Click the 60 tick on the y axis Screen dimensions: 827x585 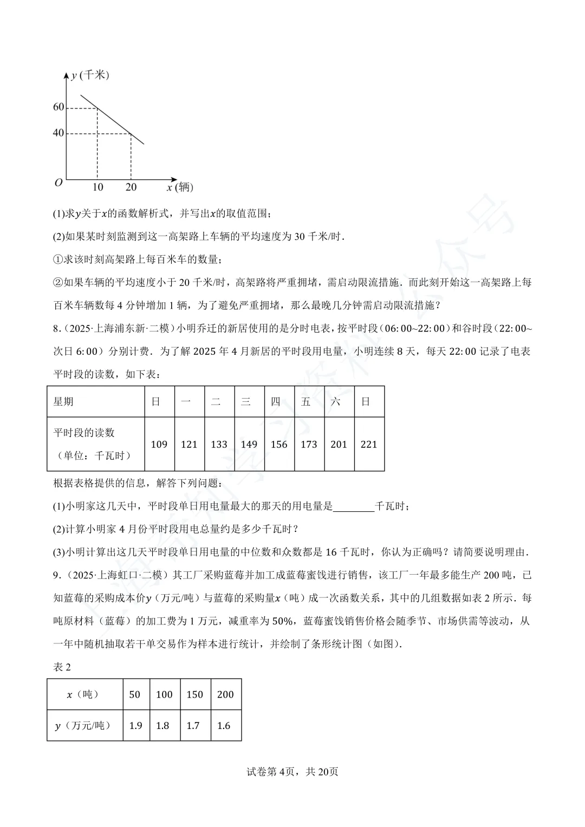[x=58, y=107]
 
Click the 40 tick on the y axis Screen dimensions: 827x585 [x=58, y=133]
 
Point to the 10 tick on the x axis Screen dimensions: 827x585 [x=97, y=187]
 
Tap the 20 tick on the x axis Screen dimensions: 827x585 [x=131, y=187]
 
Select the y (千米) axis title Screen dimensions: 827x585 [x=90, y=75]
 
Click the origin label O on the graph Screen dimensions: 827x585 [x=58, y=183]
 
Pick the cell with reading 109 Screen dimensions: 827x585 [x=159, y=444]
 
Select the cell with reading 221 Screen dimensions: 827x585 [x=369, y=444]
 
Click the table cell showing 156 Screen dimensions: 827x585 [x=279, y=444]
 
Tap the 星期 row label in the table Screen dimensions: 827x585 [x=63, y=401]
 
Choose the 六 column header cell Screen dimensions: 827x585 [x=339, y=401]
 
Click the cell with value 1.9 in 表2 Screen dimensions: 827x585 [x=135, y=725]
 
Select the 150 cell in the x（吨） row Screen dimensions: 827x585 [x=194, y=694]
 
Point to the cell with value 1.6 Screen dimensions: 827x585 [x=224, y=725]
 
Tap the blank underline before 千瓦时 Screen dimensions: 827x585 [x=354, y=507]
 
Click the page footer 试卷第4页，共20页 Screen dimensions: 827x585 [x=292, y=772]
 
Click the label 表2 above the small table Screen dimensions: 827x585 [x=62, y=667]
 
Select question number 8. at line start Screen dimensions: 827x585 [x=56, y=328]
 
